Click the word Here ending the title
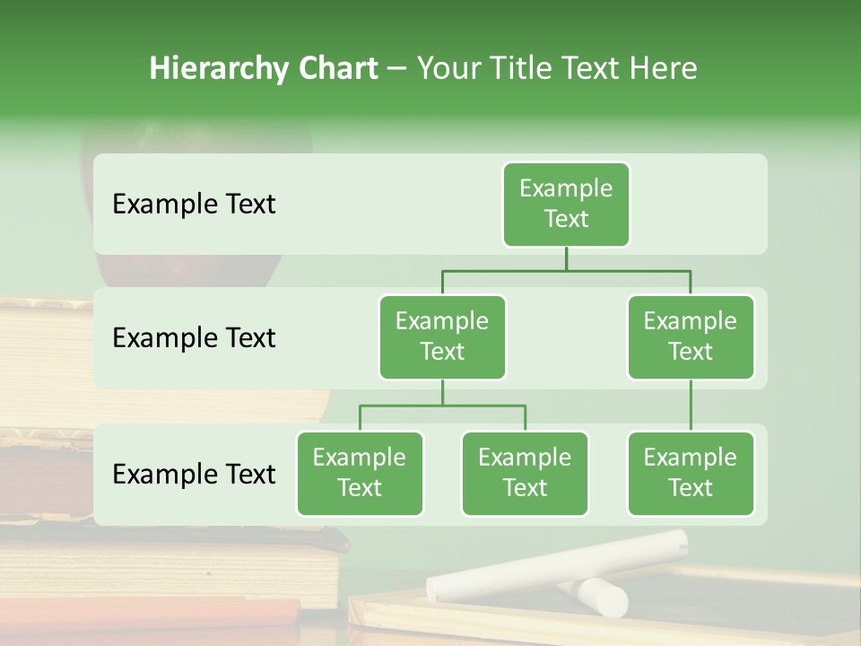(x=663, y=68)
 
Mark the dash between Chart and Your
(x=397, y=68)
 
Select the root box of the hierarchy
(x=566, y=204)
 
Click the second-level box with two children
(x=442, y=336)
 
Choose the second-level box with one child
(x=691, y=336)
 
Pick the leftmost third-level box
(x=360, y=473)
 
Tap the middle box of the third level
(x=525, y=473)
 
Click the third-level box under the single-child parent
(x=691, y=473)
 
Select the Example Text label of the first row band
(x=194, y=204)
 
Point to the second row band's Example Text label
(x=194, y=337)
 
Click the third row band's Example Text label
(x=194, y=474)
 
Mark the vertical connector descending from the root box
(x=566, y=258)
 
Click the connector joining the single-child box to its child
(x=691, y=406)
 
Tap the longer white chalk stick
(x=556, y=565)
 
